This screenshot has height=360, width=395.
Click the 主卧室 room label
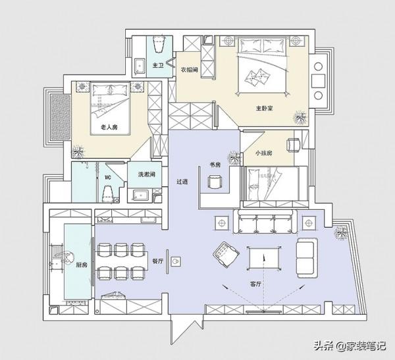tap(264, 109)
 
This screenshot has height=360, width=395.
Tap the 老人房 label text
tap(109, 127)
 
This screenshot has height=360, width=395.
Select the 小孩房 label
tap(264, 153)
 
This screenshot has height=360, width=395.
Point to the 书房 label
tap(215, 165)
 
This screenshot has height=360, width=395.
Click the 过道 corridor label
tap(182, 182)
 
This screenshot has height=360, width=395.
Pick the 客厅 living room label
tap(255, 284)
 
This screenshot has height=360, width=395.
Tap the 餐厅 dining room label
tap(158, 261)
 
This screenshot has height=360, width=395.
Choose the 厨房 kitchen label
tap(82, 265)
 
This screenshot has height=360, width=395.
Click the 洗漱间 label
tap(146, 174)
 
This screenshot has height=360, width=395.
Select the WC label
tap(108, 178)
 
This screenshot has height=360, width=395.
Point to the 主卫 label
tap(158, 66)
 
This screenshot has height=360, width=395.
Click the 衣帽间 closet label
tap(189, 70)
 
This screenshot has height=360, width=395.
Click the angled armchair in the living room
tap(226, 255)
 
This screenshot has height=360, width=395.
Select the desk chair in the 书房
tap(215, 182)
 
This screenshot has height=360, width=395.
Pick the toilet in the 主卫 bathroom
tap(159, 44)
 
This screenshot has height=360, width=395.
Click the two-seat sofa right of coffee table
tap(307, 258)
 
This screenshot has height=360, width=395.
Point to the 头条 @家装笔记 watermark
tap(350, 346)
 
